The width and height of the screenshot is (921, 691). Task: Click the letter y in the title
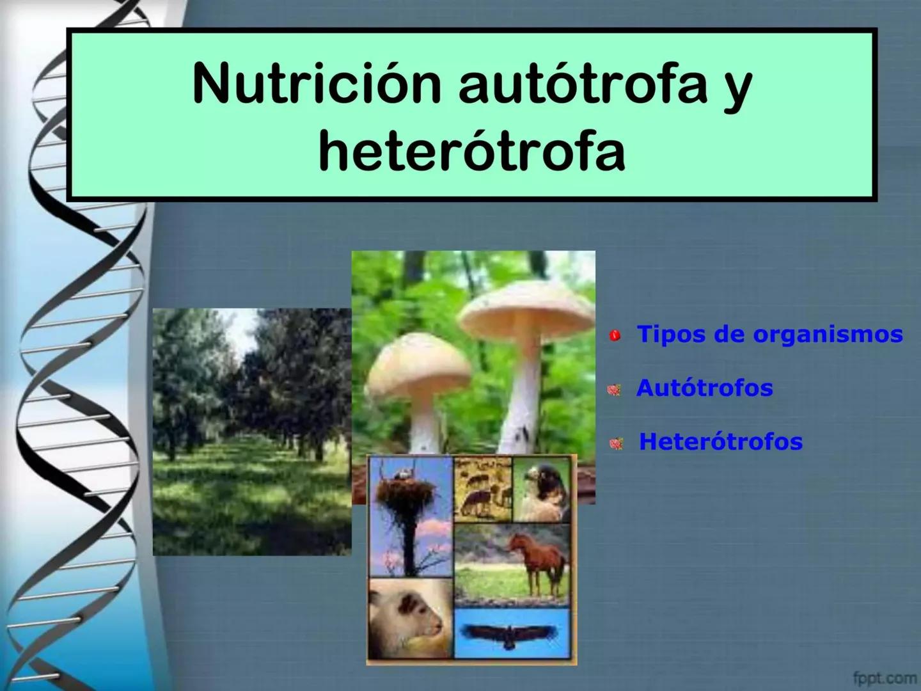point(737,90)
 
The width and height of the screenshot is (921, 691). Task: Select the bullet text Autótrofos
point(704,388)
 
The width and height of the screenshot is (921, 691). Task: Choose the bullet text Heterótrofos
point(721,441)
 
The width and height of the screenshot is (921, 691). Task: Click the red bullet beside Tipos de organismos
point(615,335)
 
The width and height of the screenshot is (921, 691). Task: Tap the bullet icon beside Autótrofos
point(615,389)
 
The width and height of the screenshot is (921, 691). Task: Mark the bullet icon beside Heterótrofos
point(617,443)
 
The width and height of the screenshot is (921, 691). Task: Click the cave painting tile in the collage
point(483,488)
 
